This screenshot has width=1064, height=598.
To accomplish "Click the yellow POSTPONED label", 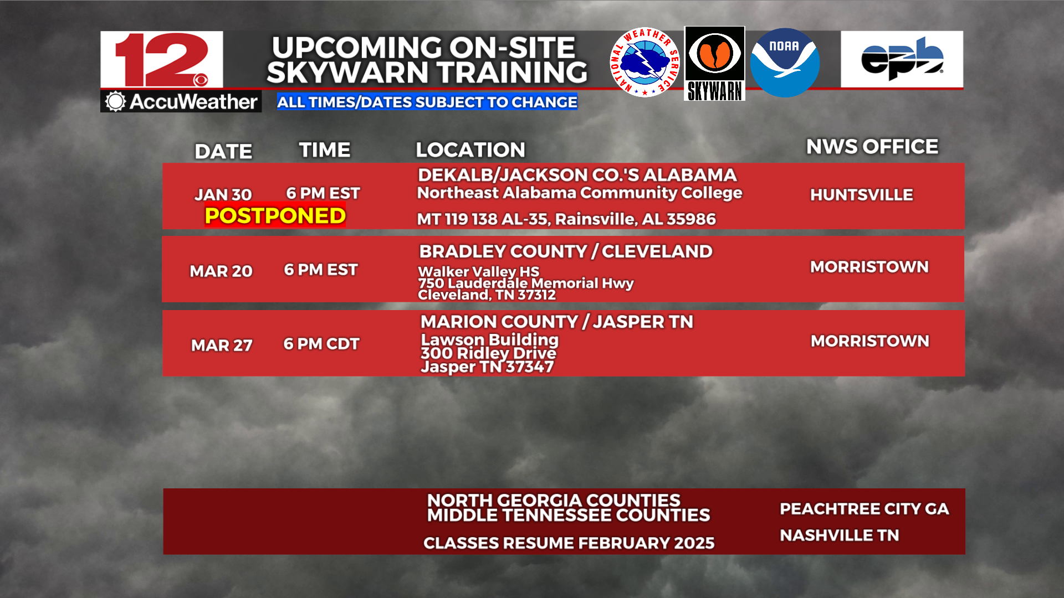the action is pyautogui.click(x=275, y=215).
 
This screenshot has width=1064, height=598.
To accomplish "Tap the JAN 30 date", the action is pyautogui.click(x=223, y=194).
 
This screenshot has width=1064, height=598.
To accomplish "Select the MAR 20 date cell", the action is pyautogui.click(x=221, y=271).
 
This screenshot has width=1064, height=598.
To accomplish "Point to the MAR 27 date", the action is pyautogui.click(x=222, y=345).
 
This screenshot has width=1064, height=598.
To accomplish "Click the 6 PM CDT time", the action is pyautogui.click(x=321, y=344).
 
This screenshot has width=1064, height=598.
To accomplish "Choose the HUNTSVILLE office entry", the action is pyautogui.click(x=862, y=195).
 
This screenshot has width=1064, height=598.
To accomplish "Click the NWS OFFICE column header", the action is pyautogui.click(x=872, y=147).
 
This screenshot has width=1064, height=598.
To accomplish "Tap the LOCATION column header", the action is pyautogui.click(x=470, y=149).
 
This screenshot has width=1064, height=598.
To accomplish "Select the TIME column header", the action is pyautogui.click(x=325, y=149).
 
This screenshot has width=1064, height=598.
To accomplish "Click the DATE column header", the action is pyautogui.click(x=223, y=151).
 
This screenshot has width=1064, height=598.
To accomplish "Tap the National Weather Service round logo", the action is pyautogui.click(x=644, y=63).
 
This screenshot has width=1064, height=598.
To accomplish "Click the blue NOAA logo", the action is pyautogui.click(x=785, y=63).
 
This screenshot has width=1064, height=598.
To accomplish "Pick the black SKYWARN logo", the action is pyautogui.click(x=715, y=64).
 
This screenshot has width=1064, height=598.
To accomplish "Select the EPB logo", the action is pyautogui.click(x=902, y=59).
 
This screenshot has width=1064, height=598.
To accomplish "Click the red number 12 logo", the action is pyautogui.click(x=162, y=59).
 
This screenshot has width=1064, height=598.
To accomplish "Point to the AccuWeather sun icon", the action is pyautogui.click(x=116, y=101).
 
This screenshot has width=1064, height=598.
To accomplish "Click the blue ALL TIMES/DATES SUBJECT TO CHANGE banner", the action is pyautogui.click(x=427, y=102).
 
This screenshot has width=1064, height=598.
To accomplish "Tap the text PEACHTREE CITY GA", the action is pyautogui.click(x=864, y=509).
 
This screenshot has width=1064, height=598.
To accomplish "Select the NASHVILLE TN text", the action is pyautogui.click(x=839, y=535).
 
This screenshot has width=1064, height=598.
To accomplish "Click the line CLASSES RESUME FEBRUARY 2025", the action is pyautogui.click(x=569, y=543).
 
